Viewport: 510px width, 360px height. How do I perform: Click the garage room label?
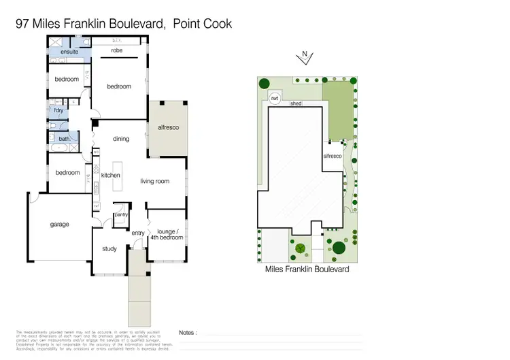tap(59, 224)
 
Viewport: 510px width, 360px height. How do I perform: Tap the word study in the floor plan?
tap(109, 249)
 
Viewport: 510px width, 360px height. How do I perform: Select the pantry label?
tap(121, 215)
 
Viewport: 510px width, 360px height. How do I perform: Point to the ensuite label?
tap(69, 52)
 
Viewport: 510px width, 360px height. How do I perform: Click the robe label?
tap(117, 51)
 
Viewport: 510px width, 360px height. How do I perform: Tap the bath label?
tap(64, 139)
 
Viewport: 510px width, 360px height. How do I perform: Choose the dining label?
tap(121, 139)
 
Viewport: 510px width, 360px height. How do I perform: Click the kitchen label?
tap(111, 176)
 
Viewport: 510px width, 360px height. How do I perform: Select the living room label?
tap(155, 181)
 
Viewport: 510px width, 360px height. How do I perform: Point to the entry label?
tap(138, 233)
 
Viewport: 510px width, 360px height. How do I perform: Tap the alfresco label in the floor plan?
tap(167, 127)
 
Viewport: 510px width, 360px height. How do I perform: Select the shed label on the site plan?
tap(296, 104)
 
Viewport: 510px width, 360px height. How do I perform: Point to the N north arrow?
tap(305, 55)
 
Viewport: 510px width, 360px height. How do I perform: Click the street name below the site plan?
tap(307, 269)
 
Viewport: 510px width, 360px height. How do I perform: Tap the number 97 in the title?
tap(22, 24)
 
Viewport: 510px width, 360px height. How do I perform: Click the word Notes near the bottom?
tap(188, 333)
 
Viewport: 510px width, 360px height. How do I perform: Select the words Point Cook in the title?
tap(203, 24)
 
